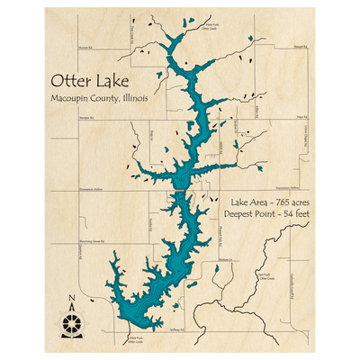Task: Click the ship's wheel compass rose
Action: [73, 319]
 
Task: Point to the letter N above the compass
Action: [73, 300]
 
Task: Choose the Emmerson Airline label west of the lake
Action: [91, 189]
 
